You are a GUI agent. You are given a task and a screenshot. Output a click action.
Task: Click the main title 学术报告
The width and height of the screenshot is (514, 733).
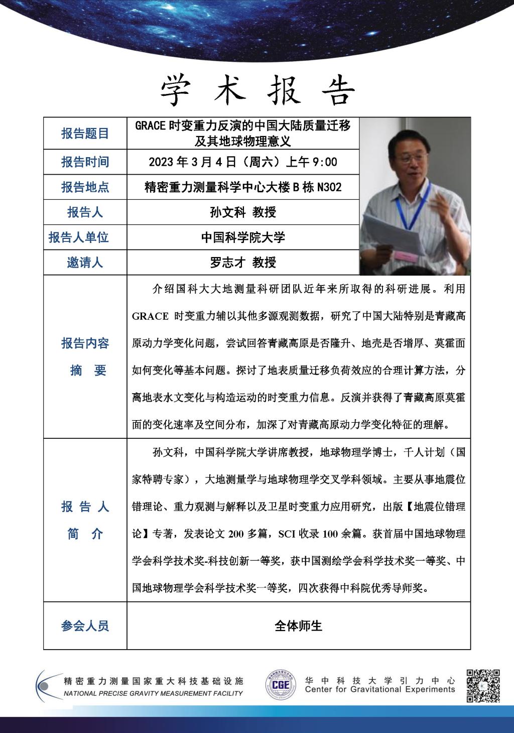(258, 91)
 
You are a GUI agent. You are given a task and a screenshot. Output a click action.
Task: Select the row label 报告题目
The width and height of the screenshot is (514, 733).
(85, 134)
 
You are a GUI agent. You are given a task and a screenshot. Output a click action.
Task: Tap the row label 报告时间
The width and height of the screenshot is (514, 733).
(85, 162)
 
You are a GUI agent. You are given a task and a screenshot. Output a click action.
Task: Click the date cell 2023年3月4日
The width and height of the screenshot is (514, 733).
(243, 162)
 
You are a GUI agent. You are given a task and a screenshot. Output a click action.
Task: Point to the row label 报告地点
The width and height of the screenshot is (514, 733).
(85, 187)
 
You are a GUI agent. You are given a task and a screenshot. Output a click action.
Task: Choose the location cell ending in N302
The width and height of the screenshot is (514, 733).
(243, 187)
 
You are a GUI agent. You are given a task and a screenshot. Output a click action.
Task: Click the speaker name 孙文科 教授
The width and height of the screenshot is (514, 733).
(243, 212)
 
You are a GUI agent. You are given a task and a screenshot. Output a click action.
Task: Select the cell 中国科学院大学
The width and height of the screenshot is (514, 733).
(243, 237)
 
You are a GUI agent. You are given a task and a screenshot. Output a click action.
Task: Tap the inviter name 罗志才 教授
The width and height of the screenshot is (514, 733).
(243, 262)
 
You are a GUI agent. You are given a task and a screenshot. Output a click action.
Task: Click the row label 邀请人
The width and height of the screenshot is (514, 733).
(85, 262)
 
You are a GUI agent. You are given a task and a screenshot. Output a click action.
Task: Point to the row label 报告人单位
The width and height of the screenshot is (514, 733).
(79, 237)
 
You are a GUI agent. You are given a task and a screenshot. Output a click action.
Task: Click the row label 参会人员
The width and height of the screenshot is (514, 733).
(85, 626)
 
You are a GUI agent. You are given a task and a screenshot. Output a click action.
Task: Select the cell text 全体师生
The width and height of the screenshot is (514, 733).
(298, 626)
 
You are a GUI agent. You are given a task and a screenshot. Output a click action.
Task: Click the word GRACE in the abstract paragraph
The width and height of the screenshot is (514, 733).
(150, 316)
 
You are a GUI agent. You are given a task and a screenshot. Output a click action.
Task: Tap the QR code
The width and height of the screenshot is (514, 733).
(483, 685)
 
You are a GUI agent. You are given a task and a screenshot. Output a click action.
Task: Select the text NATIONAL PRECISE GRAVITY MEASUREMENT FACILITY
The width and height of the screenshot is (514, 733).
(153, 693)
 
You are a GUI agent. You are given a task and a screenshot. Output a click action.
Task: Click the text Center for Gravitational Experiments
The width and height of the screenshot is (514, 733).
(379, 689)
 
